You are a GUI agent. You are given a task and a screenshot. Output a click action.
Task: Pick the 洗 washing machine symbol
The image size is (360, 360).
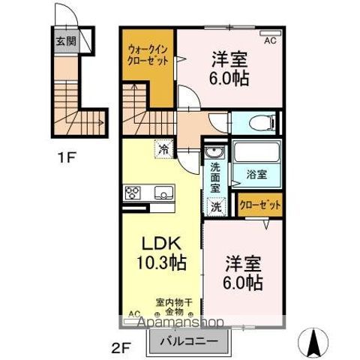click(x=216, y=206)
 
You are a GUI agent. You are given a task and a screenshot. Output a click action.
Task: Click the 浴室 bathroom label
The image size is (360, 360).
click(x=257, y=174)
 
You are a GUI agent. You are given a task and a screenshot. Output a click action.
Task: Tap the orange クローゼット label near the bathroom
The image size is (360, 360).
click(x=259, y=204)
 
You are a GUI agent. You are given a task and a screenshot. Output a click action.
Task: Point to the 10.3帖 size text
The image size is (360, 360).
click(x=160, y=263)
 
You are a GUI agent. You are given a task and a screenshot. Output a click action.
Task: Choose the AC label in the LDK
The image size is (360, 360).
click(x=134, y=313)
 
